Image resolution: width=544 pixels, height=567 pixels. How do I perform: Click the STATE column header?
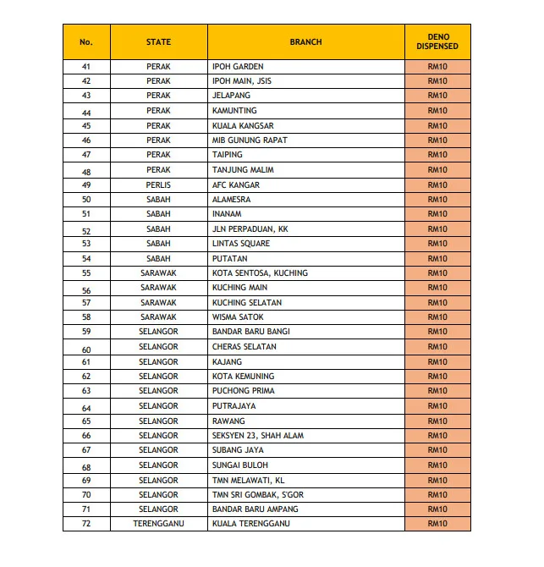coord(158,41)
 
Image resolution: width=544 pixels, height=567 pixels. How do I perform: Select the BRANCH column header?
coord(305,41)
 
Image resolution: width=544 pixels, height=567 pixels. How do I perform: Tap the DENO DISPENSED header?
coord(437,41)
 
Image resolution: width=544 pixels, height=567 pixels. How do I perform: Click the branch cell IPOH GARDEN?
coord(238,66)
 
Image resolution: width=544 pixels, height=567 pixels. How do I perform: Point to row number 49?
coord(86,184)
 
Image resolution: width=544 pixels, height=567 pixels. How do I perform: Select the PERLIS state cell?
coord(158,184)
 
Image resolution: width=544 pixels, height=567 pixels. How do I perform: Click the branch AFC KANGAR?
coord(236,184)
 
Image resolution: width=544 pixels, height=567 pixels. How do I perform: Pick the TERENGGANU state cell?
coord(158,524)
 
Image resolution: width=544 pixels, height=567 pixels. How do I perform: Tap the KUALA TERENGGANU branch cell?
coord(250,524)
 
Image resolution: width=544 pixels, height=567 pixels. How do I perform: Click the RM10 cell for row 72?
coord(437,524)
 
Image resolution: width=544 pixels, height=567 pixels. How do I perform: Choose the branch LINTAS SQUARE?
coord(241,244)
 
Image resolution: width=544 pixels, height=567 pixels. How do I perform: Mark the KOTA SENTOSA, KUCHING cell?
coord(260,273)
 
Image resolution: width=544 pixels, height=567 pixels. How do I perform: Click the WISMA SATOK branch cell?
coord(238,317)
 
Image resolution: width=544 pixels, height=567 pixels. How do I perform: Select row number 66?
coord(86,436)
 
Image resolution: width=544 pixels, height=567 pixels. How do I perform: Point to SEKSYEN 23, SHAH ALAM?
coord(257,436)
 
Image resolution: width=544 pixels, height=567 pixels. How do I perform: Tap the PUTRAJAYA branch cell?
coord(234,406)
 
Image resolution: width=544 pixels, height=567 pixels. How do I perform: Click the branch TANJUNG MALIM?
coord(243,170)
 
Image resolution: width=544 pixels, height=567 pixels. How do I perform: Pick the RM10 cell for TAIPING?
coord(437,155)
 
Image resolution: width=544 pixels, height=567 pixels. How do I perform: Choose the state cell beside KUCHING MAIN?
coord(158,288)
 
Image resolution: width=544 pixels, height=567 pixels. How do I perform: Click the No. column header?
coord(86,41)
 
